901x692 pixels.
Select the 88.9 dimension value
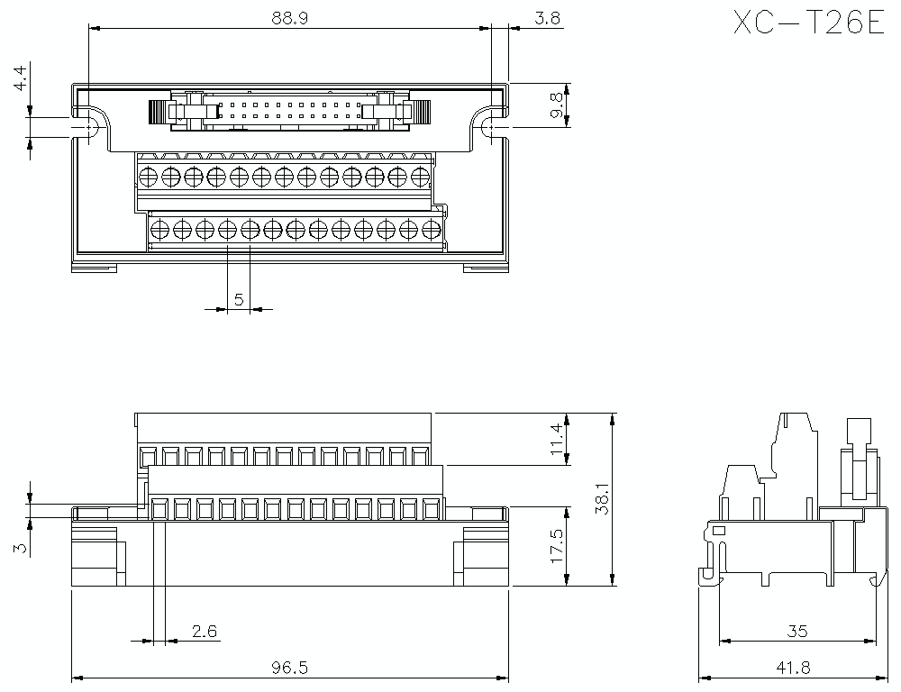click(289, 17)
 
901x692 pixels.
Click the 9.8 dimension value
click(556, 105)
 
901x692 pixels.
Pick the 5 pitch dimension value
click(239, 299)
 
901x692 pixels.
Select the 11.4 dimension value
click(556, 440)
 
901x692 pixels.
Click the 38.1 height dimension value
click(603, 498)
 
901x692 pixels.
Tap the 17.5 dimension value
click(556, 545)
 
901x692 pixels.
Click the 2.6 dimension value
click(205, 632)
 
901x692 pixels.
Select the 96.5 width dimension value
click(289, 668)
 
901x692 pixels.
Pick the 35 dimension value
click(796, 632)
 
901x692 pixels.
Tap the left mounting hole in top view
click(90, 129)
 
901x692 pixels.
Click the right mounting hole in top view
click(489, 129)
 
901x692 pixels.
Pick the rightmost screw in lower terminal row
click(431, 229)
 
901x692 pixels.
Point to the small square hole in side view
click(718, 531)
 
